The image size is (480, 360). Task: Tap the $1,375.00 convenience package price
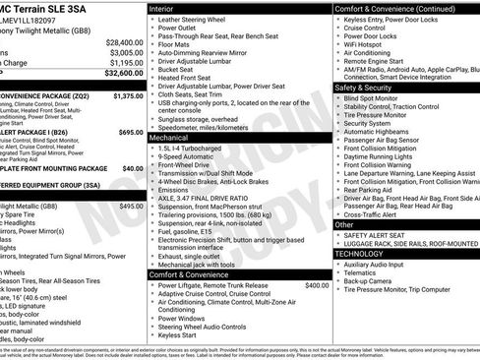point(127,96)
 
